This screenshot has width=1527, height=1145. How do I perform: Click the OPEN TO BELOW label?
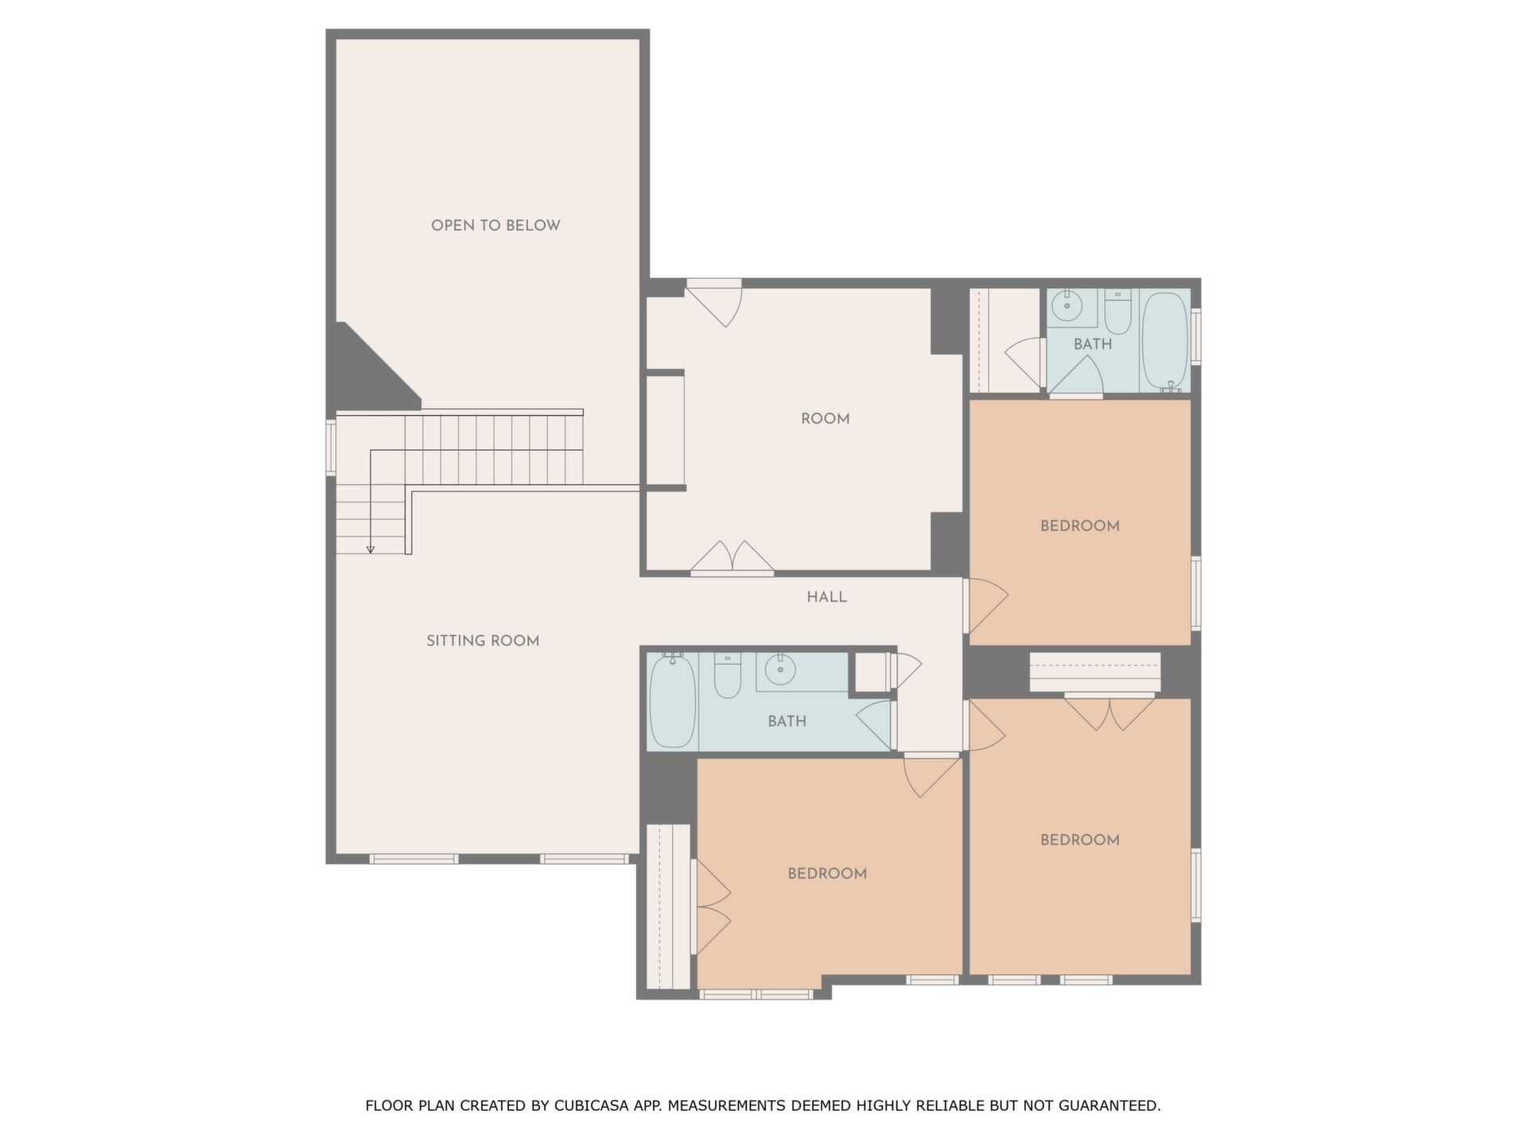tap(495, 226)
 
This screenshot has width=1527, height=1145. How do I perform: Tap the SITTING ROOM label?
tap(483, 641)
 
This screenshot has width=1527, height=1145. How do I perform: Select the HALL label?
tap(826, 597)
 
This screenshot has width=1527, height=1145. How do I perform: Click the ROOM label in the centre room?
tap(825, 419)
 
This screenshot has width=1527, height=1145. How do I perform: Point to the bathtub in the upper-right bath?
tap(1165, 341)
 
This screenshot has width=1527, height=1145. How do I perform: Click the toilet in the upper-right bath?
tap(1117, 312)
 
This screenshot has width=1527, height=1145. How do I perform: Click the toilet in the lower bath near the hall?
tap(728, 675)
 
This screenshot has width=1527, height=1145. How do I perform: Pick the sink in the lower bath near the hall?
tap(780, 670)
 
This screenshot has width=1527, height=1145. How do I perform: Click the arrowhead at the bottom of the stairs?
tap(370, 549)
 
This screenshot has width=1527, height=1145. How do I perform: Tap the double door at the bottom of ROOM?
tap(732, 558)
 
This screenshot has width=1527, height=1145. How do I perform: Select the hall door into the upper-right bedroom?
tap(986, 605)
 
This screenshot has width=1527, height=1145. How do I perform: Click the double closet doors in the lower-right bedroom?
tap(1109, 712)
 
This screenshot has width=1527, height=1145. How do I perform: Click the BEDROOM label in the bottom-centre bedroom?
tap(827, 874)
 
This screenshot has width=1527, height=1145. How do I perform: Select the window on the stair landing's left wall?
tap(331, 448)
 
